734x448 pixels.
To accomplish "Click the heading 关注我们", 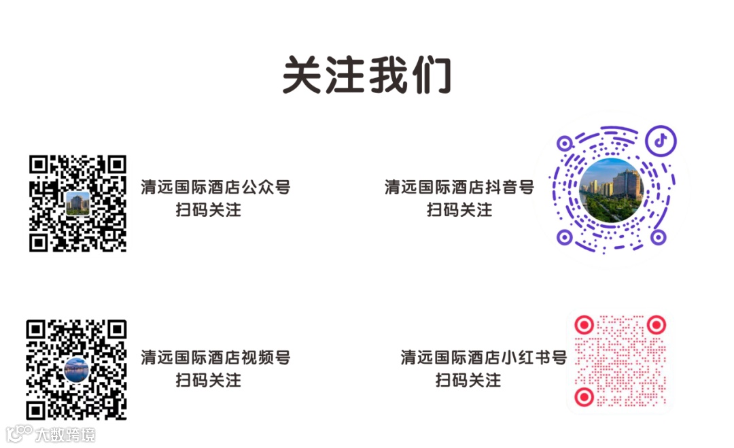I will [367, 74].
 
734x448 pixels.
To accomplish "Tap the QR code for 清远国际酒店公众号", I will [77, 203].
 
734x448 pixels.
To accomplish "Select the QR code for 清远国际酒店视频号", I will [77, 369].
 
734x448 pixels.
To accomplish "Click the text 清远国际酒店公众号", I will [215, 187].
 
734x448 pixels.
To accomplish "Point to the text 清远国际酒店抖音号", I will [459, 187].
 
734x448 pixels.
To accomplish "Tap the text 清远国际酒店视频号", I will [215, 358].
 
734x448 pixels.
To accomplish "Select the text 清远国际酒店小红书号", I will [483, 358].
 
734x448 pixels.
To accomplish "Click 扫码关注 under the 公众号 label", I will [209, 209].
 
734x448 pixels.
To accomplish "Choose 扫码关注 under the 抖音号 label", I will [459, 209].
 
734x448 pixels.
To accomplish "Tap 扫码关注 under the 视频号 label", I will [209, 380].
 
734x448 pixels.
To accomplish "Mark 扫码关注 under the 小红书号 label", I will [468, 380].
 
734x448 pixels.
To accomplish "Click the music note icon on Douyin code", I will [659, 141].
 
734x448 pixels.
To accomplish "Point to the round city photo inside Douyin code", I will [611, 190].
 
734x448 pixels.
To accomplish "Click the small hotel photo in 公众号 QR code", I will [77, 203].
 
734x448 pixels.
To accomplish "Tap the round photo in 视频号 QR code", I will [77, 370].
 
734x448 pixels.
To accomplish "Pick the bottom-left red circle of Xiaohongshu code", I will [583, 396].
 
